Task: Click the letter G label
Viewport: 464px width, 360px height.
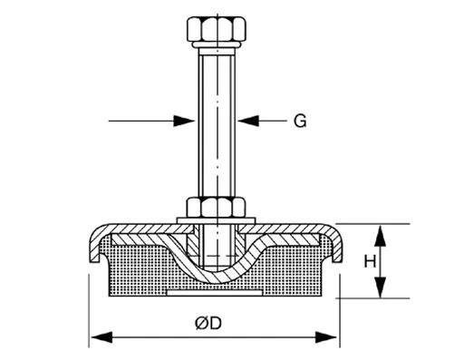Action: click(299, 121)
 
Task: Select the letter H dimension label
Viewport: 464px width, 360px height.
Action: click(369, 261)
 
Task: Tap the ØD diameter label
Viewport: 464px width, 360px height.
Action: click(215, 324)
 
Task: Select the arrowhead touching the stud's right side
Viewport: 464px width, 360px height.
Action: click(245, 120)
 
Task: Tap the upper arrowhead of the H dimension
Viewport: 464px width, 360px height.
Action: click(381, 232)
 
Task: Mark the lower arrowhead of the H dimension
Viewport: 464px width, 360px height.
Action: click(381, 289)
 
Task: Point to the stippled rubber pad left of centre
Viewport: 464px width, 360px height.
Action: click(136, 268)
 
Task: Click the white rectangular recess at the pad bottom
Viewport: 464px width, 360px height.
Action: click(215, 292)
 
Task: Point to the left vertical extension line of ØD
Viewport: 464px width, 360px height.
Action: click(89, 308)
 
